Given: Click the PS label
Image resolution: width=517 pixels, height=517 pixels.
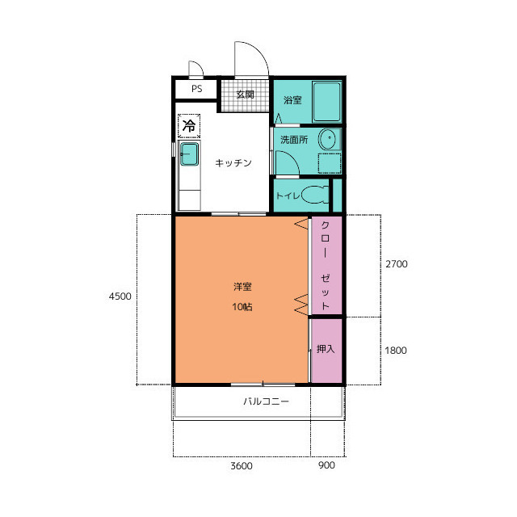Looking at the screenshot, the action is coord(197,89).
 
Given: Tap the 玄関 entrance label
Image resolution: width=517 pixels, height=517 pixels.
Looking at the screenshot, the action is coord(246,95).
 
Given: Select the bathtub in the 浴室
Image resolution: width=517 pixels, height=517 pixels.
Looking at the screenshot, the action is coord(326,102).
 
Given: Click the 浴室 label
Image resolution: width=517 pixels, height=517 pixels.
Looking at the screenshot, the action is coord(292,100).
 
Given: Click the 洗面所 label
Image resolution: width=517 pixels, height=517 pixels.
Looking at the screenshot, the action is coord(294,140).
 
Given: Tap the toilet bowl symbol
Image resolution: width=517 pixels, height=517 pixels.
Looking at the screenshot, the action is coord(315,195).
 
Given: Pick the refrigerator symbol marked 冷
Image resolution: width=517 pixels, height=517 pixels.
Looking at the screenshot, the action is coord(189,126).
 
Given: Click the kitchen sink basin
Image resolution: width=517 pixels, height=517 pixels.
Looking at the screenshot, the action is coord(189,154).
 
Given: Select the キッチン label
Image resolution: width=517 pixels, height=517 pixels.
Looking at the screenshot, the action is coord(233,162).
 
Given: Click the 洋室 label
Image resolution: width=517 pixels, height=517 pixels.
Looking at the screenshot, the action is coord(242,287).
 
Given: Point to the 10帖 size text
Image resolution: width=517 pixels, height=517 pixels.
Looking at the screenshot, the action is coord(242,307).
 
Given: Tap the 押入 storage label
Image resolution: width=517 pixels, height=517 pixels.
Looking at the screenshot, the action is coord(326,349).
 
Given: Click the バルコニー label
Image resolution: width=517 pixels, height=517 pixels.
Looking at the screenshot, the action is coord(266,401).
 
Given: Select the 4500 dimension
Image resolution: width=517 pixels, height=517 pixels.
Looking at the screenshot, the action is coord(120,296).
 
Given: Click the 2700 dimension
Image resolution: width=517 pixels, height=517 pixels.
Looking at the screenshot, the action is coord(397,264).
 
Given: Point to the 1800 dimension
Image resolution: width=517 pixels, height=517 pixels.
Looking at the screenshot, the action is coord(396,351).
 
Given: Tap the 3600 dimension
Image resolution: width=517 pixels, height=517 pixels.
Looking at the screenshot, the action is coord(242,466).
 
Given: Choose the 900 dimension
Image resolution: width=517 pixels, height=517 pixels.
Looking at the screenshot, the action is coord(326,465).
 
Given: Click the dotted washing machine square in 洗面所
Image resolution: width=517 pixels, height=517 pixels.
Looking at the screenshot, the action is coord(330,163).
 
